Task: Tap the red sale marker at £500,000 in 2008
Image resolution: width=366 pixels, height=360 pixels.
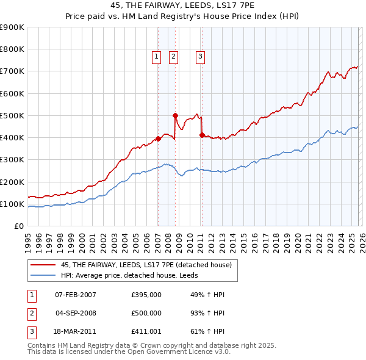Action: pyautogui.click(x=175, y=115)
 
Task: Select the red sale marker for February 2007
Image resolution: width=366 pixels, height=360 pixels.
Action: pyautogui.click(x=158, y=139)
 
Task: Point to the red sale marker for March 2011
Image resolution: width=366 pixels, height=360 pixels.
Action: pyautogui.click(x=202, y=135)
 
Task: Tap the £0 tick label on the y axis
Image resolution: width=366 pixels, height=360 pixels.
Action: pyautogui.click(x=18, y=226)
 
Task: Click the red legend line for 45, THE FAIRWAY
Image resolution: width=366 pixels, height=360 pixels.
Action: pyautogui.click(x=43, y=265)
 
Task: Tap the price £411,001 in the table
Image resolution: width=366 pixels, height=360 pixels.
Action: pyautogui.click(x=146, y=333)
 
